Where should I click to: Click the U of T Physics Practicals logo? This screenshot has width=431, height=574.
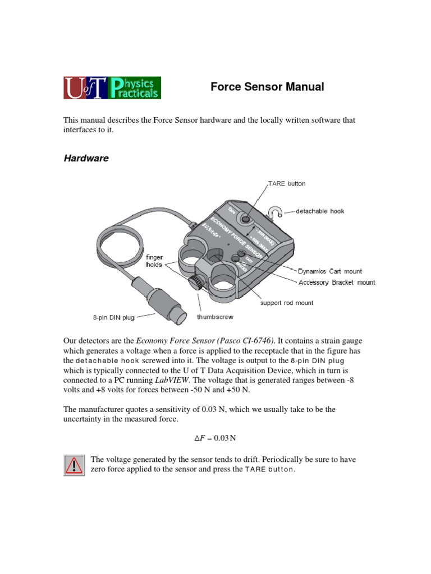[x=112, y=88]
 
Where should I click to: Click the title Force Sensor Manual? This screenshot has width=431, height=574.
[x=267, y=87]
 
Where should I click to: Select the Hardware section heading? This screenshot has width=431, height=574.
[x=86, y=159]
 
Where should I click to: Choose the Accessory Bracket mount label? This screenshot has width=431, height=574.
[x=336, y=283]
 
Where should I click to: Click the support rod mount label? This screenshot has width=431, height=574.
[x=286, y=303]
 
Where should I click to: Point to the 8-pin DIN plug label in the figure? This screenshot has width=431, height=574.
[x=114, y=317]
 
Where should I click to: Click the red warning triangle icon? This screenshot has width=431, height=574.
[x=74, y=465]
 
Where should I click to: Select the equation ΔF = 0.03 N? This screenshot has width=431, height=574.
[x=215, y=437]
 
